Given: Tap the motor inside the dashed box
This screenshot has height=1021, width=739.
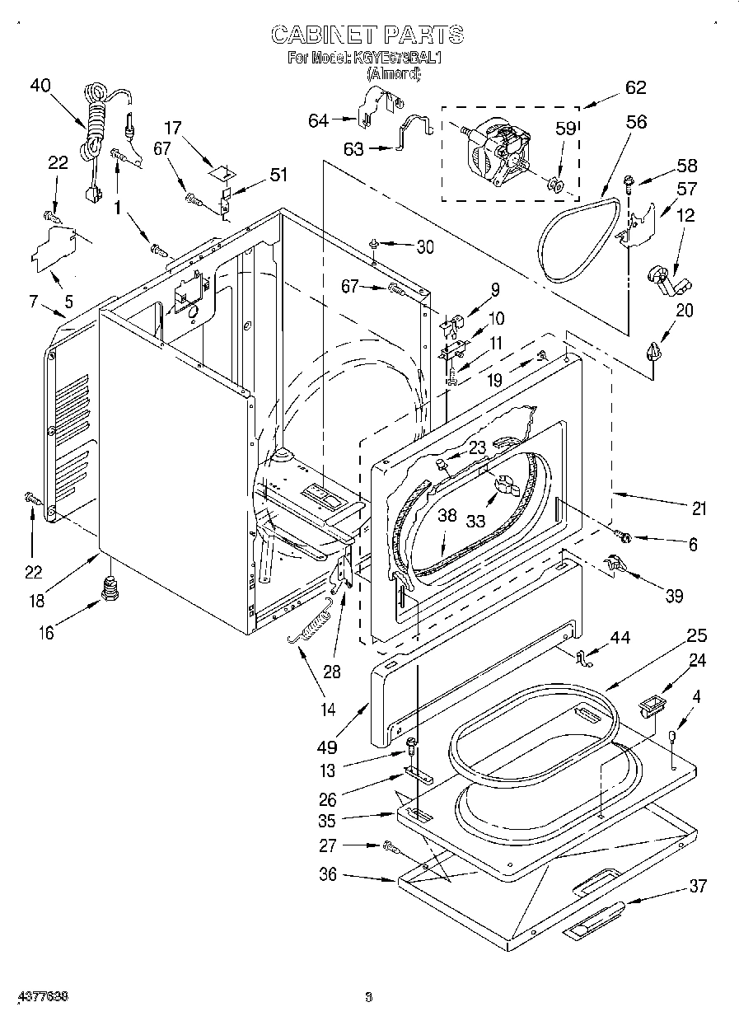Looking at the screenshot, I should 497,151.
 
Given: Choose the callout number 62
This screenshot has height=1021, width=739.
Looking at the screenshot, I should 635,88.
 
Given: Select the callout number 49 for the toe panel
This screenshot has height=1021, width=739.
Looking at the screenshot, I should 328,747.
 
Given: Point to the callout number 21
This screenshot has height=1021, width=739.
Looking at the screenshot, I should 699,509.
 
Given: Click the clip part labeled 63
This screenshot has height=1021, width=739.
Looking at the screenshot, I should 414,132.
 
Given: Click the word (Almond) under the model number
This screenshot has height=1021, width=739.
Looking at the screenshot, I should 393,74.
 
